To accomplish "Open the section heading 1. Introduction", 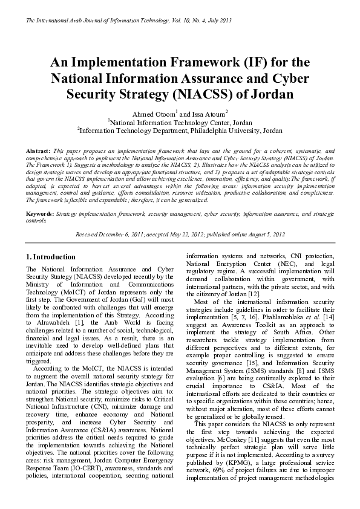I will [x=54, y=256].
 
